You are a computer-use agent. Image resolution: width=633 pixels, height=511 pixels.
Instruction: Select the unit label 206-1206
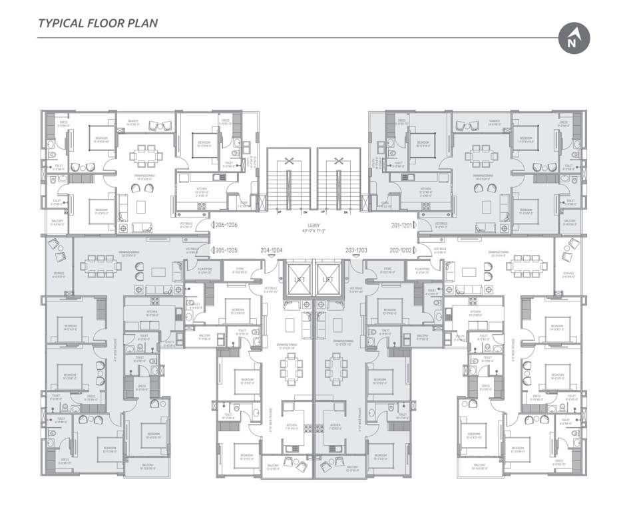click(227, 226)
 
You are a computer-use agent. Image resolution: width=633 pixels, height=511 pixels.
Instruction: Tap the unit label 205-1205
click(227, 250)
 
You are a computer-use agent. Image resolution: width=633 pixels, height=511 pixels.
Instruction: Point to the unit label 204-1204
click(272, 250)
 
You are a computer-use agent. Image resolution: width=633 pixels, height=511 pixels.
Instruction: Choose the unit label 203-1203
click(357, 250)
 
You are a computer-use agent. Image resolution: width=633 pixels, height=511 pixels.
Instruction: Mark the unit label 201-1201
click(402, 226)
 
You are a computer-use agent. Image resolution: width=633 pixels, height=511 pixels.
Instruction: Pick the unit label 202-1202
click(401, 250)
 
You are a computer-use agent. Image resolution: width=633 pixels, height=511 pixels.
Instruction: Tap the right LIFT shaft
click(327, 280)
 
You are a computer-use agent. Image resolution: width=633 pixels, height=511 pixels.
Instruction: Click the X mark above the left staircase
click(290, 160)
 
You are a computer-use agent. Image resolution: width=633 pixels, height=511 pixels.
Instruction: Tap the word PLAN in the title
click(142, 23)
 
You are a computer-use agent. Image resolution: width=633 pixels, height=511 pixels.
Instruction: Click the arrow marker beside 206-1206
click(212, 226)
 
